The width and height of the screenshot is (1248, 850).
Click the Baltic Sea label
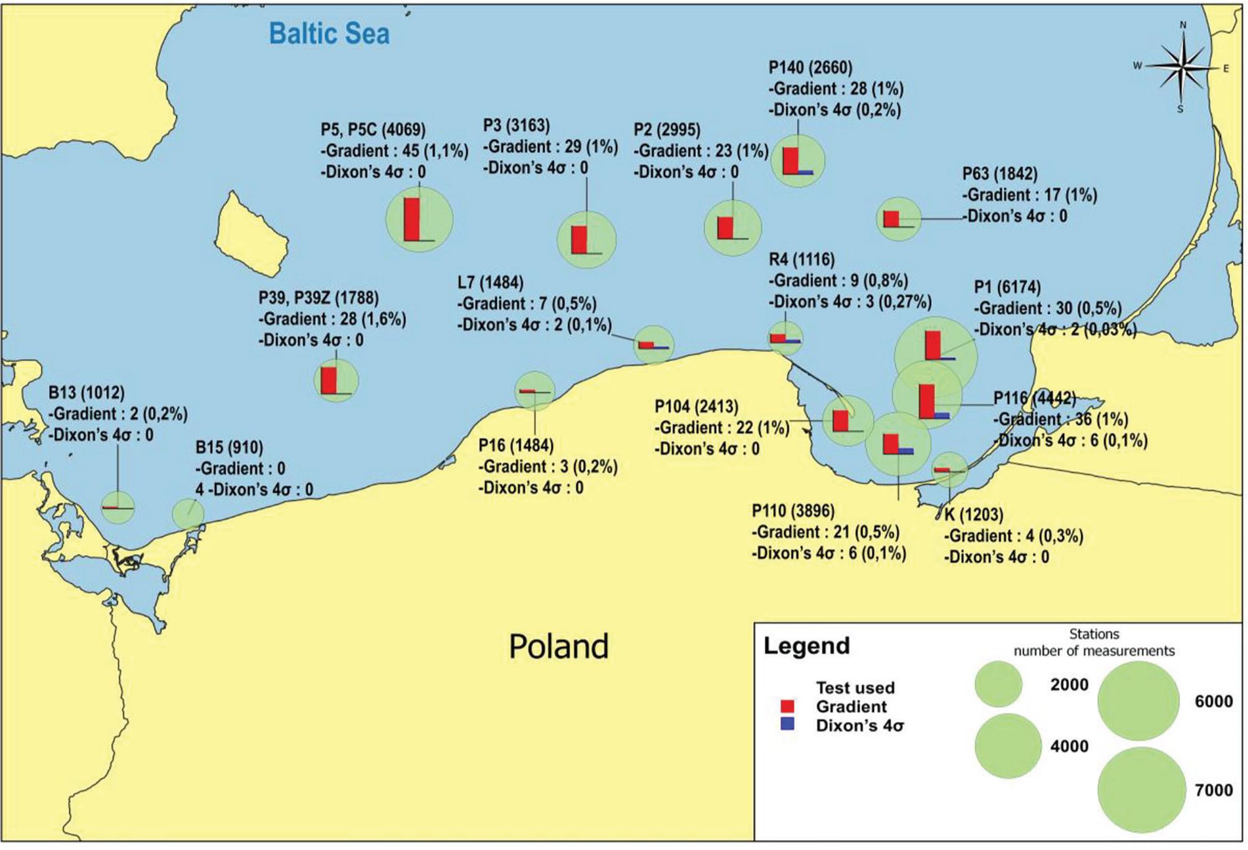tap(329, 34)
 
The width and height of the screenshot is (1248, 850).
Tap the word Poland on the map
tap(559, 646)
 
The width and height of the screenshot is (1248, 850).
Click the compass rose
tap(1181, 67)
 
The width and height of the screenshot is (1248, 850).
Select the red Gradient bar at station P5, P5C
tap(411, 219)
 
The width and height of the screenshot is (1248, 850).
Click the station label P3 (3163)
tap(516, 125)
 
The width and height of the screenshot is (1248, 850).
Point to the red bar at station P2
tap(725, 227)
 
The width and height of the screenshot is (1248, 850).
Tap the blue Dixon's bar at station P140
tap(806, 171)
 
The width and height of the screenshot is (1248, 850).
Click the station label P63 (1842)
tap(999, 174)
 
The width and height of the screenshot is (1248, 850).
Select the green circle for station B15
tap(188, 514)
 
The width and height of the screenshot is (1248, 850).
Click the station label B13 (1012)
tap(87, 393)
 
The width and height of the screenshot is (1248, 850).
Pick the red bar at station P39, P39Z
tap(329, 380)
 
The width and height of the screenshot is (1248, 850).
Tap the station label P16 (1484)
tap(516, 446)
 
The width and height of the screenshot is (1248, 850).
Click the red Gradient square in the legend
tap(787, 706)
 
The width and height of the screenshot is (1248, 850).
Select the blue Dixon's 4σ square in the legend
tap(787, 724)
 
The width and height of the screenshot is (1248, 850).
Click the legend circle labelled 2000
tap(998, 684)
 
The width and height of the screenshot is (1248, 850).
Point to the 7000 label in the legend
tap(1213, 790)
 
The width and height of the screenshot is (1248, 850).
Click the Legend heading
tap(806, 646)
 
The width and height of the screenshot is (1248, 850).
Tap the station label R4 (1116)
tap(801, 259)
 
